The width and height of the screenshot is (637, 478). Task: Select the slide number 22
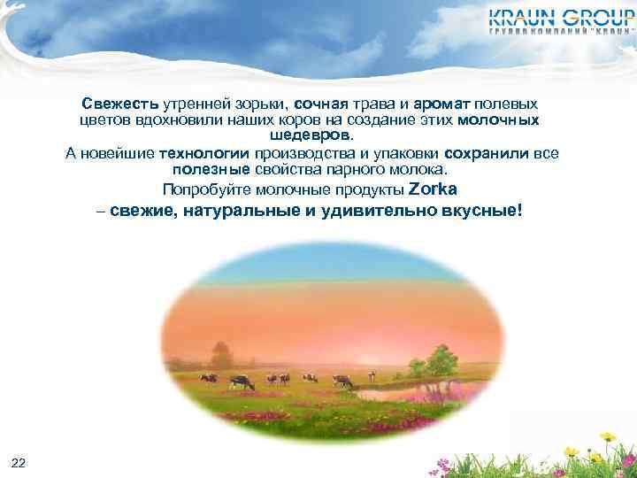pos(19,463)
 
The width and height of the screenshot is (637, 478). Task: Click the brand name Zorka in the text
pos(434,189)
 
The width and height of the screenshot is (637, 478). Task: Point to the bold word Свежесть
pos(121,104)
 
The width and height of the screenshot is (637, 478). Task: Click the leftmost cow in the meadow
pos(208,378)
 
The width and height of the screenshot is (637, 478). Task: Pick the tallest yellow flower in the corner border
pos(608,437)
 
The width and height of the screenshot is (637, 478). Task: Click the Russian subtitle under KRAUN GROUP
pos(561,32)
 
